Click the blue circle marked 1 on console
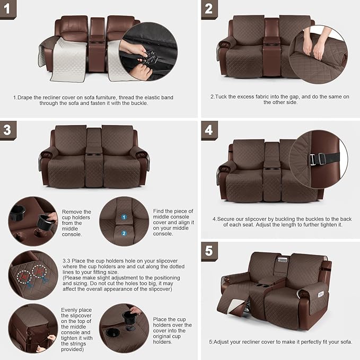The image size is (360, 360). pos(124,217)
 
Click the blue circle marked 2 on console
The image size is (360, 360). pos(124,233)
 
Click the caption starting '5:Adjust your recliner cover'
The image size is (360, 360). pos(280,341)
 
